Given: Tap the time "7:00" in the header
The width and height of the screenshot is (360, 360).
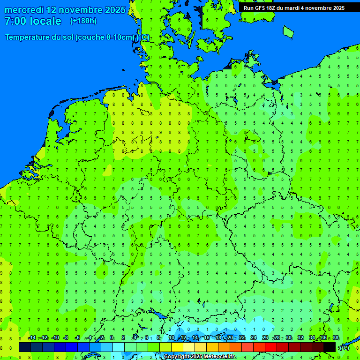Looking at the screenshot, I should [15, 21].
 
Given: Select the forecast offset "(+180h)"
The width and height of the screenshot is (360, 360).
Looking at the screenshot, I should [83, 21].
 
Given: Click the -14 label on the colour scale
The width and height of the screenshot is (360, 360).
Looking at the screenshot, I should [32, 338].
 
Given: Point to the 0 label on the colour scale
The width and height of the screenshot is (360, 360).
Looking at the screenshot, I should [112, 338].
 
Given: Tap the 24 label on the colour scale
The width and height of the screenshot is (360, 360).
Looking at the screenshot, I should [254, 338].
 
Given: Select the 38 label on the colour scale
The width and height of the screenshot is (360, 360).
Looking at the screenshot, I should [336, 338].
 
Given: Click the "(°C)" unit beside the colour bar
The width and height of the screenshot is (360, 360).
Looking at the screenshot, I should [345, 347].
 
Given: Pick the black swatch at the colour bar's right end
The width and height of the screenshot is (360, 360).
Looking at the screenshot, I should [330, 347].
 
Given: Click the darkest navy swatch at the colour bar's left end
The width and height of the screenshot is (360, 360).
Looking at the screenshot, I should [25, 347].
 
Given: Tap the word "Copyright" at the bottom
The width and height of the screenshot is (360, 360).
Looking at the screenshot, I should [177, 357].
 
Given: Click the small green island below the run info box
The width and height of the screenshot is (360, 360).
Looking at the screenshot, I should [288, 31].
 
